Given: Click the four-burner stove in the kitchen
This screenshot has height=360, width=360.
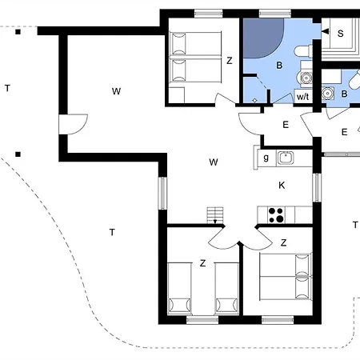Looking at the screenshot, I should coord(277,214).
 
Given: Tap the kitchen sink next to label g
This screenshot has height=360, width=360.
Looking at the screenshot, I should coord(285,158).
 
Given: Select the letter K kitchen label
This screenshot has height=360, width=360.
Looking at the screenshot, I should coord(282,186).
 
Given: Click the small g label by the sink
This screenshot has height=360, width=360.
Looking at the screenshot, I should coord(266,158).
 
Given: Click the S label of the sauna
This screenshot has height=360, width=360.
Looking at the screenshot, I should coord(340,34).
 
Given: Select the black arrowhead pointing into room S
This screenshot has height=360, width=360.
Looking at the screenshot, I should coord(325,31).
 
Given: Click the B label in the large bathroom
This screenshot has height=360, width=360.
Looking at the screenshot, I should coord(280,66).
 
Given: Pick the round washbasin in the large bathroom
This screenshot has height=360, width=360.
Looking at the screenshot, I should coord(305,78).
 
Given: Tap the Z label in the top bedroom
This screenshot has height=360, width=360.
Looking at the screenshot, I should coord(229,60).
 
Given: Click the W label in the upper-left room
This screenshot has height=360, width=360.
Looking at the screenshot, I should coord(116,91).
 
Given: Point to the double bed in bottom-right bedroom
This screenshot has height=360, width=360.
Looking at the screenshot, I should coord(284,277).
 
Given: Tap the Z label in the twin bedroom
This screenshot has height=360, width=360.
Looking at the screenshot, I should coord(203,263).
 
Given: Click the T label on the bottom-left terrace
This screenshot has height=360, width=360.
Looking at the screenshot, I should coord(112,232).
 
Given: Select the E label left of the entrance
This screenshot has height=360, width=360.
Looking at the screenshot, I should coord(285,124).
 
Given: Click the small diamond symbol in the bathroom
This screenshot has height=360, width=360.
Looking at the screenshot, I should coord(255,99).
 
